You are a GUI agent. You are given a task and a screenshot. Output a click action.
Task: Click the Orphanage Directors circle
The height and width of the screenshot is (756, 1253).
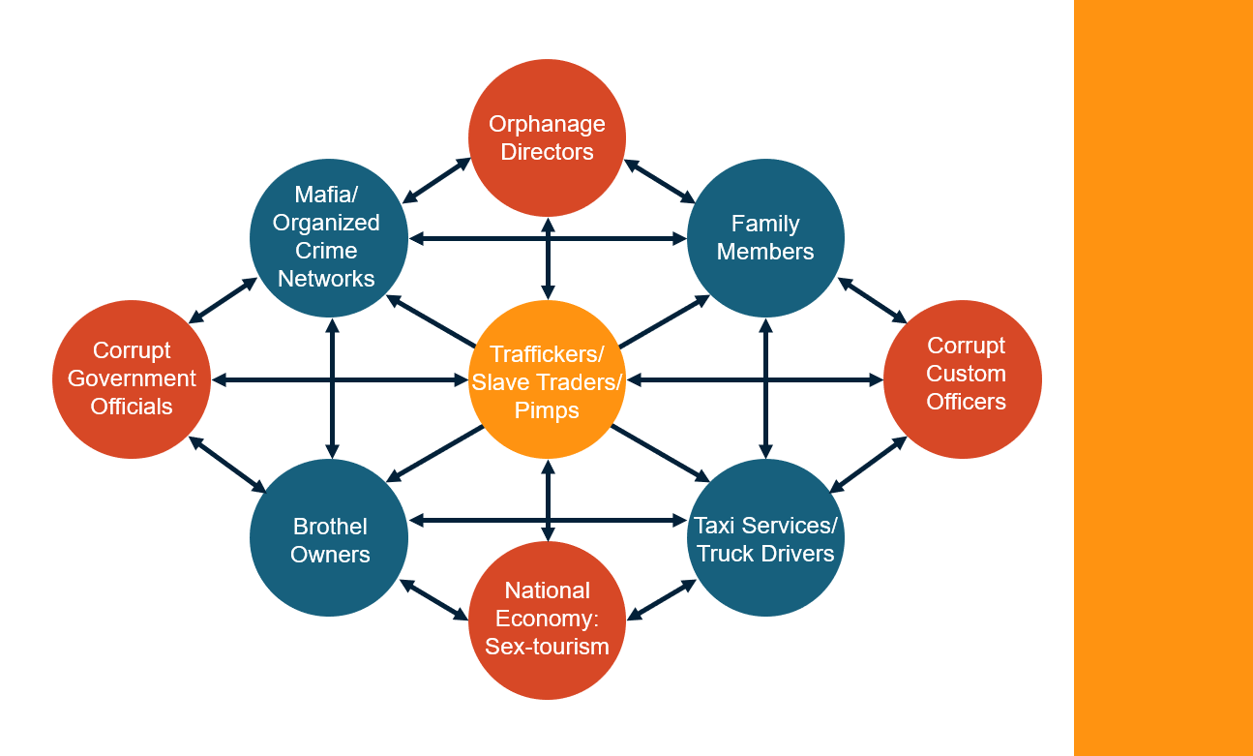click(x=548, y=137)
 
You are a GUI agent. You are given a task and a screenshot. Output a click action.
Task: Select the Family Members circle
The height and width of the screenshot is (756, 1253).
click(x=765, y=238)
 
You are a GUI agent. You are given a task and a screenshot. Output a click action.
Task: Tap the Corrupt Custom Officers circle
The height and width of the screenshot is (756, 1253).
click(x=964, y=378)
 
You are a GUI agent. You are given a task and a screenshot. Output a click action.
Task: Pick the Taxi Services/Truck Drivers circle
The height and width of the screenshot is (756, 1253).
click(x=765, y=538)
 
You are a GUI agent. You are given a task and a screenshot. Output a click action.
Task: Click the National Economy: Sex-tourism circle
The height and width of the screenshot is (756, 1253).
click(x=548, y=620)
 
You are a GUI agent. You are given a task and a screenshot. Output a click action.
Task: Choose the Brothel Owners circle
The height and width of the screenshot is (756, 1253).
click(x=330, y=538)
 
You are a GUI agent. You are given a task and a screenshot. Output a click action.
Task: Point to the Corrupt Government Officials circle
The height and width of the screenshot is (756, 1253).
click(x=132, y=378)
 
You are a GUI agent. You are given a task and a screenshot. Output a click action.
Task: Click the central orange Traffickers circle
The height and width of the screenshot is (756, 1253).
click(x=548, y=378)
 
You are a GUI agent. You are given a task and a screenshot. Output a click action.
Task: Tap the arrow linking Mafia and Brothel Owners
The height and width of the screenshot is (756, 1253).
click(x=332, y=387)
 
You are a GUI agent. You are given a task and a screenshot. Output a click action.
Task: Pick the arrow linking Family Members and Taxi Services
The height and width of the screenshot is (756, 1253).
click(x=766, y=387)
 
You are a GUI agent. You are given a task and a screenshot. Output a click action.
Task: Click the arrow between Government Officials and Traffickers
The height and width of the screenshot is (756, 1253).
click(x=339, y=379)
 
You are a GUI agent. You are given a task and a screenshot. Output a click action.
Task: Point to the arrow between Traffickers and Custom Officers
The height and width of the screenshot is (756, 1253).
click(x=755, y=379)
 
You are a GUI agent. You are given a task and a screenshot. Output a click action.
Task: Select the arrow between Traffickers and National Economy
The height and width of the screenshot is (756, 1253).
click(x=548, y=499)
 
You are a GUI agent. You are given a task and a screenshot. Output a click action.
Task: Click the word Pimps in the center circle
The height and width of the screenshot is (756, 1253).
click(x=548, y=410)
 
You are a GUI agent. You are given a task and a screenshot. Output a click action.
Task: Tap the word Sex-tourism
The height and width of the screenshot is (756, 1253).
click(x=548, y=647)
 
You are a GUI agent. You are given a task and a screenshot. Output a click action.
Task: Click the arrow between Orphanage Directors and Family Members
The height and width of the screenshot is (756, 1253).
click(x=660, y=181)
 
